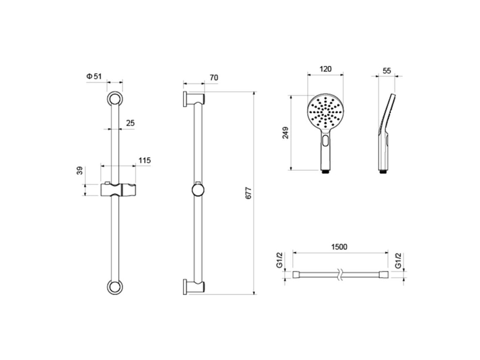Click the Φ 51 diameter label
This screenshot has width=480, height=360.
pos(94,76)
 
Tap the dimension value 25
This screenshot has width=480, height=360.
pos(130,123)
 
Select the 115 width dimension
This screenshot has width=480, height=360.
pos(144,160)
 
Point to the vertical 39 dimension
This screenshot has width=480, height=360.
pos(80,170)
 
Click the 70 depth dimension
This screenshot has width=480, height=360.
pos(214,78)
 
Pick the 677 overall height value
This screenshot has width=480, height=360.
pos(248,193)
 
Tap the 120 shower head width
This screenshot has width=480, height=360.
pos(326,69)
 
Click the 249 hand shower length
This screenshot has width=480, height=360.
pos(285,133)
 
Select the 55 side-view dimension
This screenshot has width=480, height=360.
pos(387,71)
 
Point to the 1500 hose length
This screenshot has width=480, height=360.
pos(339,247)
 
